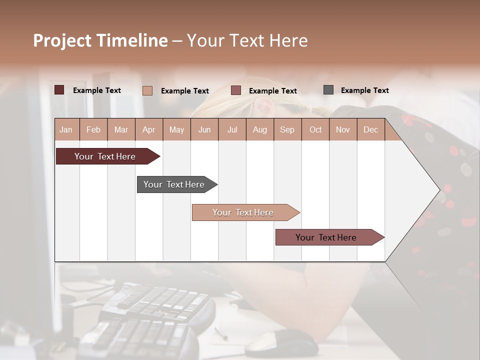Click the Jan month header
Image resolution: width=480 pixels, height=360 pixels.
pyautogui.click(x=66, y=129)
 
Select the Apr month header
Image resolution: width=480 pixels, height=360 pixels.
pyautogui.click(x=149, y=129)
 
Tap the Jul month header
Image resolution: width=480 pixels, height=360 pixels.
pyautogui.click(x=232, y=129)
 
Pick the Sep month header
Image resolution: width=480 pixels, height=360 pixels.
pyautogui.click(x=287, y=129)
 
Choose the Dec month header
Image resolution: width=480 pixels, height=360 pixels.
pyautogui.click(x=370, y=129)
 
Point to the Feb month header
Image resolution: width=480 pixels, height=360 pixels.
pyautogui.click(x=93, y=129)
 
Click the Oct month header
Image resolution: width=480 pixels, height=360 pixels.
pyautogui.click(x=315, y=129)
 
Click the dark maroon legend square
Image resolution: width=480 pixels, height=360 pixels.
pyautogui.click(x=59, y=90)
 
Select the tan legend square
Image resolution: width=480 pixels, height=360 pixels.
pyautogui.click(x=147, y=90)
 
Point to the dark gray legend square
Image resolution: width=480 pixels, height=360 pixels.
pyautogui.click(x=328, y=90)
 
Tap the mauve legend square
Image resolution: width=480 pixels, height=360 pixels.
pyautogui.click(x=236, y=90)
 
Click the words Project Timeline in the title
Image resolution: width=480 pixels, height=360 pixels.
pyautogui.click(x=100, y=40)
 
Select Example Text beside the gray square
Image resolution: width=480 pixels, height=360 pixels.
pyautogui.click(x=364, y=90)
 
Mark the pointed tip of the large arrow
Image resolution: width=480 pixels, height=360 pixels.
pyautogui.click(x=439, y=190)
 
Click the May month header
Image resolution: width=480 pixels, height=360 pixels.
pyautogui.click(x=176, y=129)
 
